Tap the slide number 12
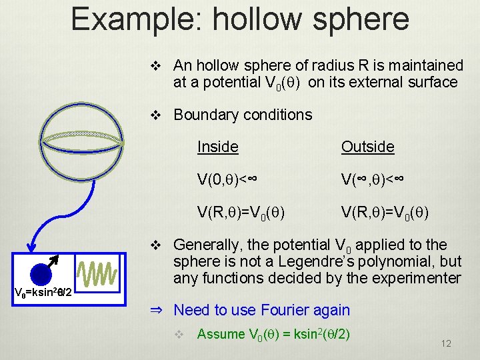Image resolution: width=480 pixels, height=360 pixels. pos(446,343)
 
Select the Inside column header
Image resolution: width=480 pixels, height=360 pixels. pos(217,147)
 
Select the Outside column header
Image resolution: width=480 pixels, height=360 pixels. pos(367,147)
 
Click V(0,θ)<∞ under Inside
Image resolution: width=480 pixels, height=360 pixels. pos(227,179)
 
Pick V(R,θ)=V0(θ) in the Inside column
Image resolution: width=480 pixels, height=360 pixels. pos(241,213)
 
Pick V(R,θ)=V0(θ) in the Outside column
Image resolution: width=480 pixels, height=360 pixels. pos(385,213)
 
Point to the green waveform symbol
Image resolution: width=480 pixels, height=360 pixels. pos(97,274)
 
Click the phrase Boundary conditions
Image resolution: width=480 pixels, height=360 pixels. pos(243,115)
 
